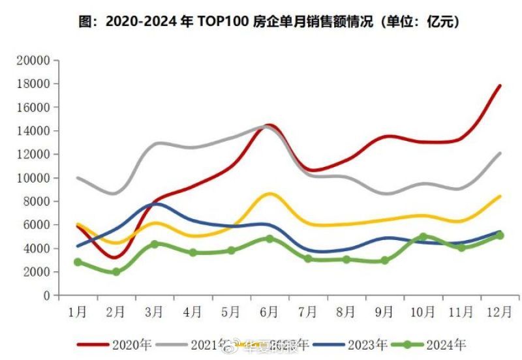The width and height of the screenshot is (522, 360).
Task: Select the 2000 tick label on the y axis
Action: [x=38, y=272]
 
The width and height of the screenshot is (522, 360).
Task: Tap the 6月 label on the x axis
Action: [x=269, y=312]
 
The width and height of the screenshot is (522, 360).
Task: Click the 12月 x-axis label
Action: [x=499, y=312]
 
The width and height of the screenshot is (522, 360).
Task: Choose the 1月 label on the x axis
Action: [x=78, y=312]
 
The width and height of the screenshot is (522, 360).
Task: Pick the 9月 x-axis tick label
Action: [x=384, y=312]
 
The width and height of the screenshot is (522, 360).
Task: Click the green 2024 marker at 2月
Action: [x=116, y=272]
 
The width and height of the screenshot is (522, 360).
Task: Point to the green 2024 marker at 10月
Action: [x=423, y=237]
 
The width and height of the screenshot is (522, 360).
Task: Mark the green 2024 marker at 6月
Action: [x=269, y=239]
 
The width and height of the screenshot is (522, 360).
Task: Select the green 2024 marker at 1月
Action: [x=78, y=262]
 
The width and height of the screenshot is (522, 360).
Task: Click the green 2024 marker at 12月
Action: [x=500, y=235]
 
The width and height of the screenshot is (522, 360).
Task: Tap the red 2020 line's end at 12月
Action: [x=500, y=85]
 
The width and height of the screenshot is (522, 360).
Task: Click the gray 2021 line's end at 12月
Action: [x=500, y=153]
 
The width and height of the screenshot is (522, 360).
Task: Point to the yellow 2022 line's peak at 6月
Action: [x=269, y=194]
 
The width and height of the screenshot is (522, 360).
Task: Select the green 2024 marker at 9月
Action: [x=384, y=260]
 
